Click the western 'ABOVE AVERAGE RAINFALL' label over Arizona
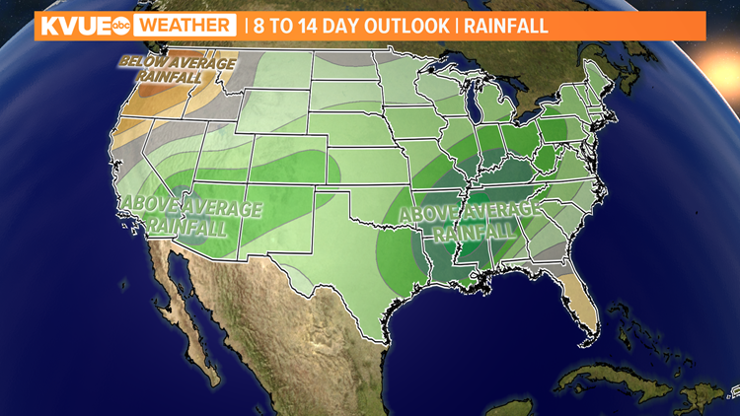pyautogui.click(x=191, y=218)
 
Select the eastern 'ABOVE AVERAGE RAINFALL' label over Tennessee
pyautogui.click(x=470, y=219)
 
